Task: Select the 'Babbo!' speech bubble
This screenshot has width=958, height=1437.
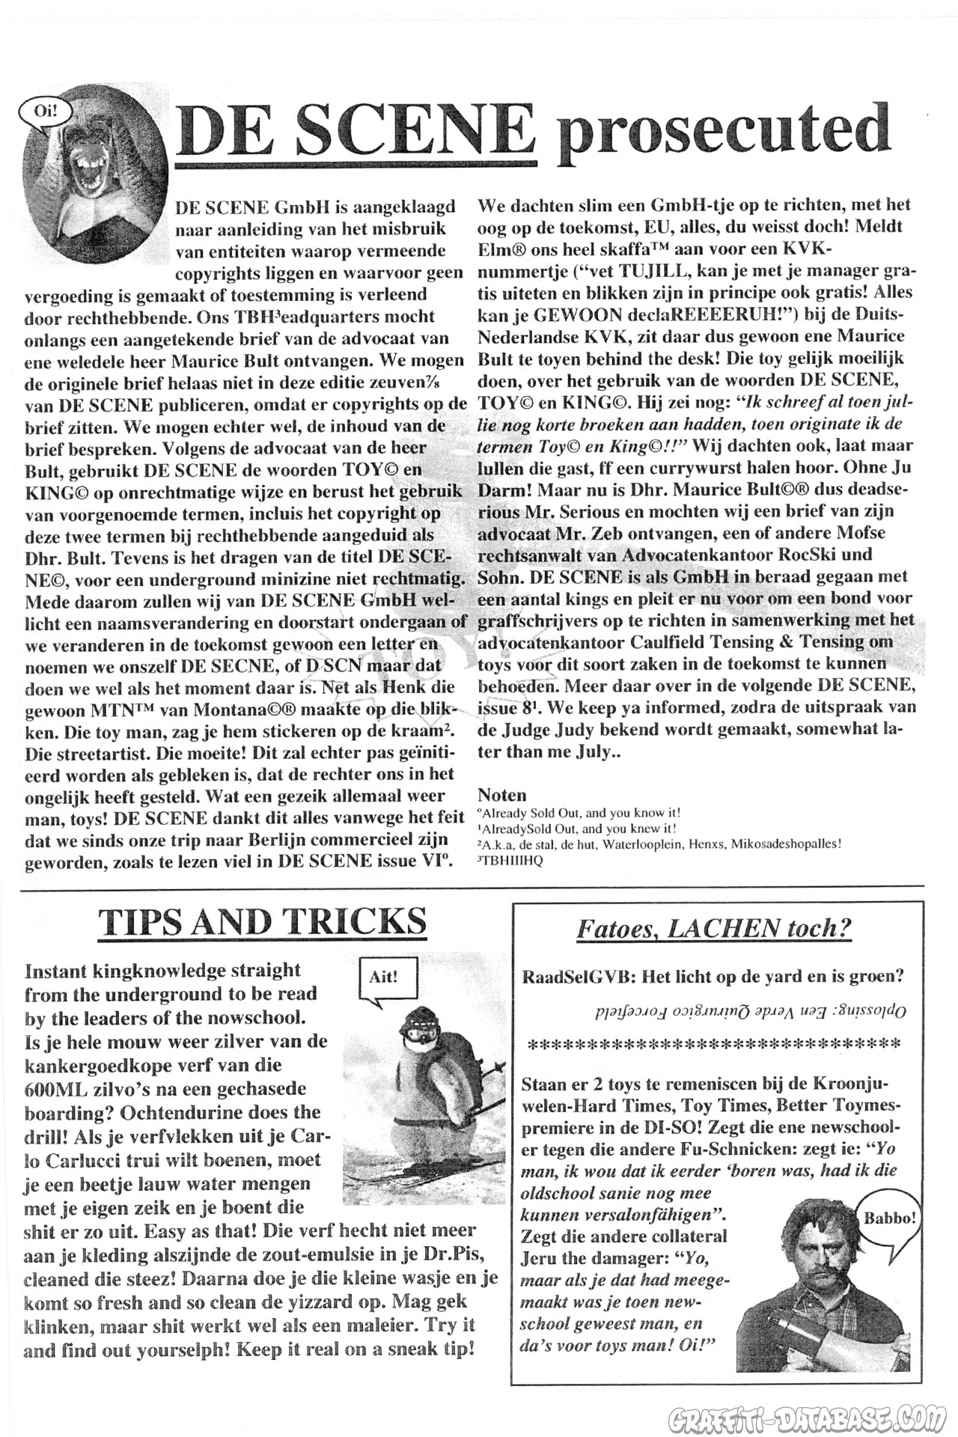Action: tap(890, 1218)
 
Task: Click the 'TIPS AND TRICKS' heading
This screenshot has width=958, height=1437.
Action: tap(263, 922)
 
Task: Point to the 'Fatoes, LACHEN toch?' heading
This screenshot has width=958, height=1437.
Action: tap(713, 929)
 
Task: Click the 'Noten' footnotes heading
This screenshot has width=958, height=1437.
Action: tap(501, 795)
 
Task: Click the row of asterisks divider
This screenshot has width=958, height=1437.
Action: tap(714, 1043)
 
